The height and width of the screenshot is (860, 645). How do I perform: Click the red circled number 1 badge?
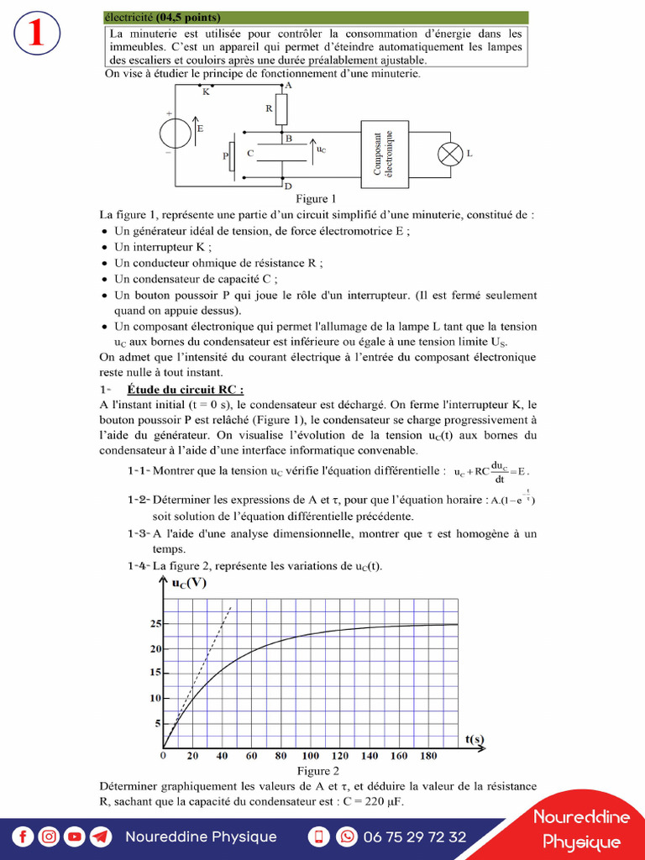36,34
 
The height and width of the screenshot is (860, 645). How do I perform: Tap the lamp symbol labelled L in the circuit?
447,155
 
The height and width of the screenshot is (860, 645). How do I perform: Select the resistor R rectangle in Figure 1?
281,108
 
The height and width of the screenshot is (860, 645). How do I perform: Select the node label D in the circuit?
288,186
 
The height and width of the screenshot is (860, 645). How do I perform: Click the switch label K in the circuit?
206,92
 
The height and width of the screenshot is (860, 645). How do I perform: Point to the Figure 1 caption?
317,199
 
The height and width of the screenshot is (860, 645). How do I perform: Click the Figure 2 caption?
318,770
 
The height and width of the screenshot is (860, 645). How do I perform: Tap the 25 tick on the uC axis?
155,624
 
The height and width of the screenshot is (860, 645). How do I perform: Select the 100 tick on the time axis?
311,756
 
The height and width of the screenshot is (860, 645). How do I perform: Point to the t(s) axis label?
475,738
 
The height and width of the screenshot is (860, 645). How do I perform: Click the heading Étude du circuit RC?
186,389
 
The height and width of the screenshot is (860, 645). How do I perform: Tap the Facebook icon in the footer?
23,836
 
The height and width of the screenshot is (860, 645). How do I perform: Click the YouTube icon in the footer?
75,836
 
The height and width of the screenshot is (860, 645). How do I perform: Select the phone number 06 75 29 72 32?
414,836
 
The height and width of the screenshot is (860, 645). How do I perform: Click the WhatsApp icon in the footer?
346,836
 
